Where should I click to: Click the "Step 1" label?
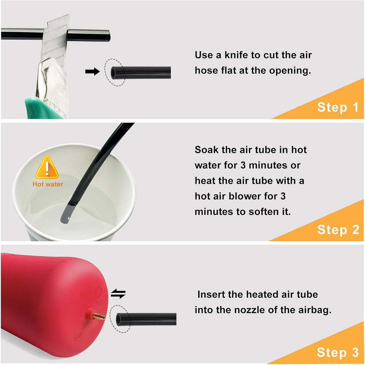click(338, 107)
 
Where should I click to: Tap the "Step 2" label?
click(338, 230)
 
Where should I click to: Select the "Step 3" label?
click(338, 352)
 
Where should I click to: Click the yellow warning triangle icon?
click(47, 167)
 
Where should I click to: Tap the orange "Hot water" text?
click(48, 184)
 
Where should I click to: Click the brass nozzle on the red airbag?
click(99, 316)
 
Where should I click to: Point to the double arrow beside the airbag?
click(118, 294)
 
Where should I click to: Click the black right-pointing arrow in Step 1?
click(92, 71)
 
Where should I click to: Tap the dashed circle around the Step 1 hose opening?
click(115, 72)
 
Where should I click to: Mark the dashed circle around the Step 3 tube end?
click(120, 319)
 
